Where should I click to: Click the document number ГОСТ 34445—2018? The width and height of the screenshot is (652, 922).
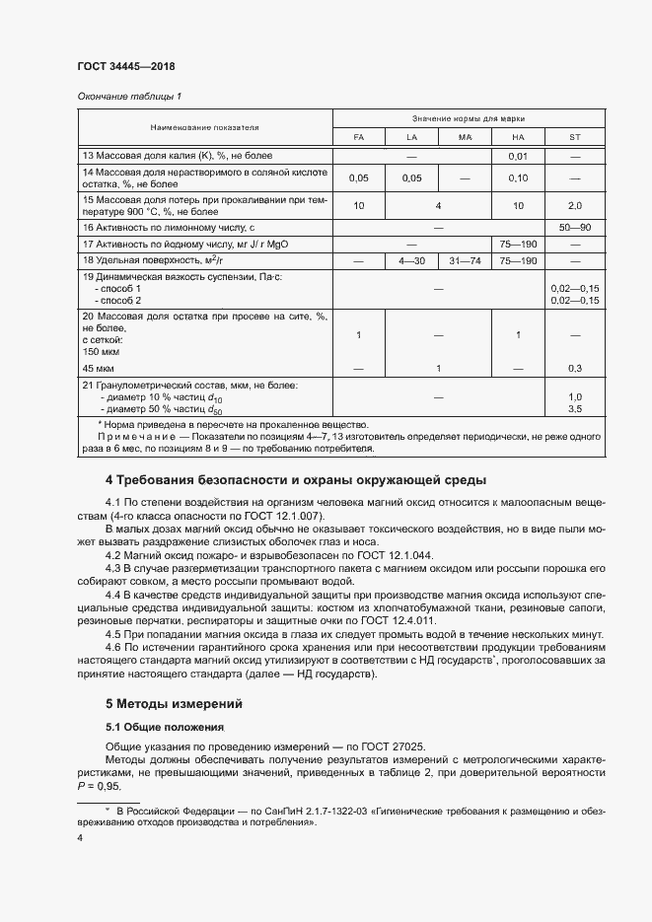click(125, 67)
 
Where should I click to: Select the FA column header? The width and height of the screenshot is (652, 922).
click(358, 137)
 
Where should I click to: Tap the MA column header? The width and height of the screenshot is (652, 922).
click(466, 137)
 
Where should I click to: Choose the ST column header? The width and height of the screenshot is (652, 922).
click(574, 137)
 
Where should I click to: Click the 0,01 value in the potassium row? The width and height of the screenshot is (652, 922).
click(519, 156)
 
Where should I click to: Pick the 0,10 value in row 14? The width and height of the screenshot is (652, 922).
click(519, 177)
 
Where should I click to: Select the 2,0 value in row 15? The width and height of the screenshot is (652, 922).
click(574, 205)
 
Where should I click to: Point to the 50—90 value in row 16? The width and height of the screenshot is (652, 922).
click(574, 227)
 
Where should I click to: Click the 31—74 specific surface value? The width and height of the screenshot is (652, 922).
click(466, 260)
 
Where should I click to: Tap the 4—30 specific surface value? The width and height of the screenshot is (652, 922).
click(411, 260)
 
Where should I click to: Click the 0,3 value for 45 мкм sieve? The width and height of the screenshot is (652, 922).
click(574, 368)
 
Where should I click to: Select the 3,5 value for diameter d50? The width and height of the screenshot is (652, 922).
click(574, 407)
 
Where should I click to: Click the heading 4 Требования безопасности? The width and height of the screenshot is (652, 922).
click(295, 481)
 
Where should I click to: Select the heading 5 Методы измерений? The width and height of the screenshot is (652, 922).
click(175, 704)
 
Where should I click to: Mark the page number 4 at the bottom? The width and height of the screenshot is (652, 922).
click(80, 837)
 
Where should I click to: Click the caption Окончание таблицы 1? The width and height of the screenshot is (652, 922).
click(129, 96)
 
